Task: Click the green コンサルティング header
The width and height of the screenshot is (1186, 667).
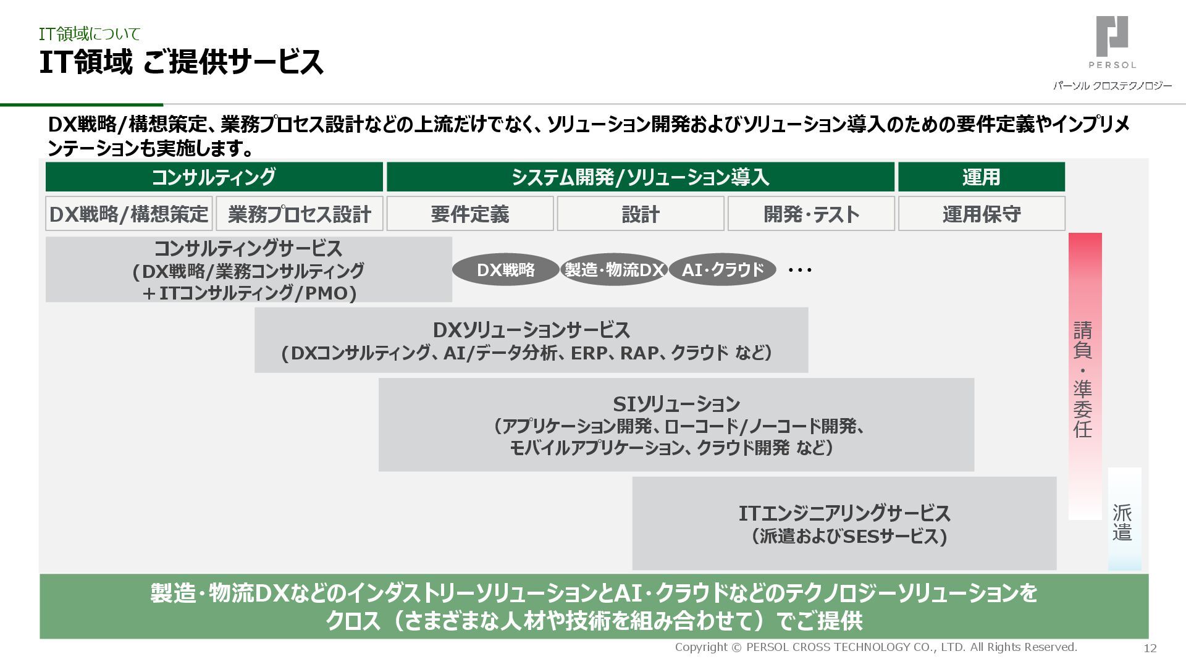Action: [214, 177]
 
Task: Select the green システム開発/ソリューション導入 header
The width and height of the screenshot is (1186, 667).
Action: [640, 177]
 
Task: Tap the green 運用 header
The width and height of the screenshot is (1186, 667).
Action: [981, 177]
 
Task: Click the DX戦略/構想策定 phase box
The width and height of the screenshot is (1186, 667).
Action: [129, 214]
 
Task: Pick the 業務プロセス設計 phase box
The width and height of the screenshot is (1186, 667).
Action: [300, 214]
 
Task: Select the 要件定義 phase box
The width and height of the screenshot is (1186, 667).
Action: [470, 214]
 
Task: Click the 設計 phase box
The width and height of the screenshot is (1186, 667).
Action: [641, 214]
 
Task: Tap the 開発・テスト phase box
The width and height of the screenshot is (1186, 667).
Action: [811, 214]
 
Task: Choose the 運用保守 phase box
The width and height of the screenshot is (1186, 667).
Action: [982, 214]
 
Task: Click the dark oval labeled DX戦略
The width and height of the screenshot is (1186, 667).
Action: [506, 270]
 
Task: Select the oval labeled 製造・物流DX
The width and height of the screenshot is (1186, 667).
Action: [614, 270]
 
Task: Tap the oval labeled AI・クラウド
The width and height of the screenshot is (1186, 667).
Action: [722, 270]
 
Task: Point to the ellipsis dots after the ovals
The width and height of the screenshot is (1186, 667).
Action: [800, 270]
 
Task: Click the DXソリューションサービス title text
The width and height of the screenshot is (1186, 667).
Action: [531, 330]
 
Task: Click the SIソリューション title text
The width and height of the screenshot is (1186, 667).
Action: [676, 405]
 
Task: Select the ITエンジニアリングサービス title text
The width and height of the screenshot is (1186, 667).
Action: [844, 514]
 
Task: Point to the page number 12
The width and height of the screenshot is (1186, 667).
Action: [1150, 648]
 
